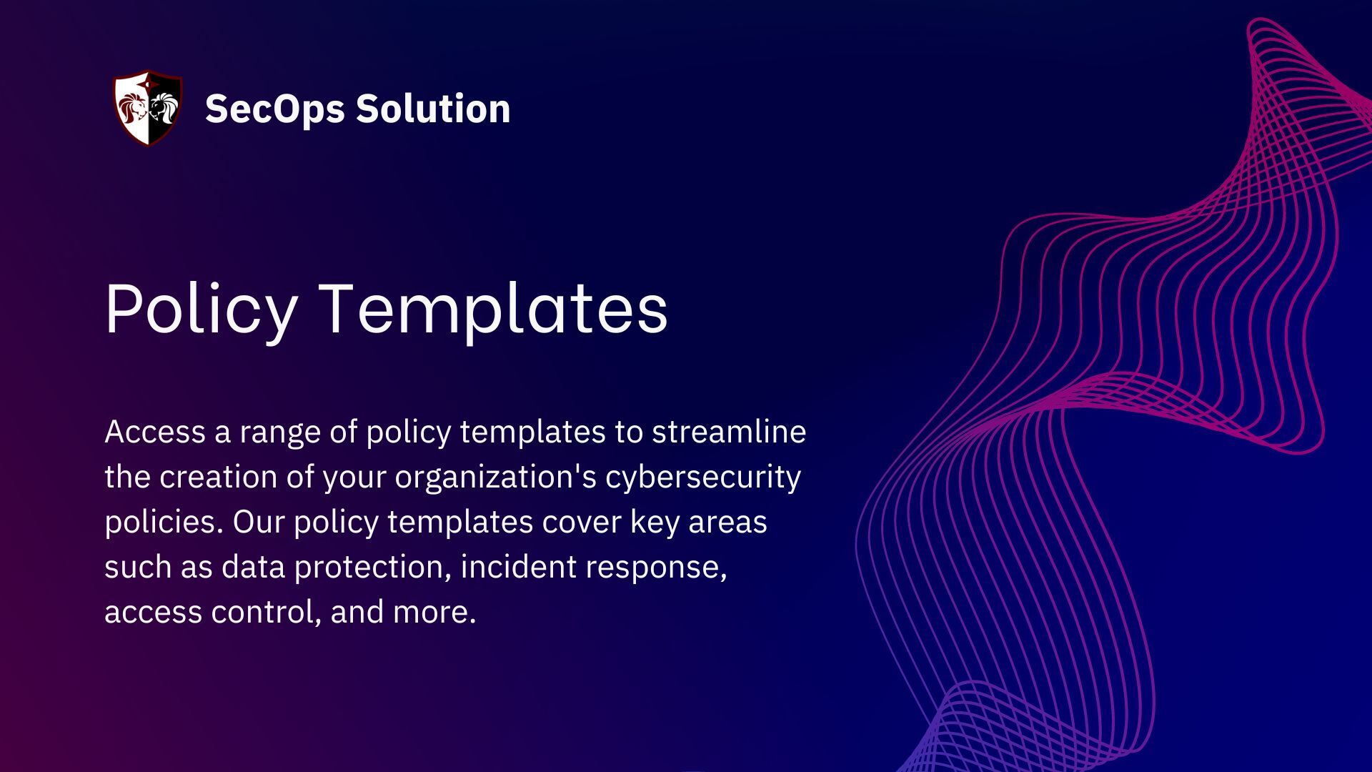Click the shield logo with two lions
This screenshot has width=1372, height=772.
tap(148, 109)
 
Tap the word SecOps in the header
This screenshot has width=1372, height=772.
tap(274, 109)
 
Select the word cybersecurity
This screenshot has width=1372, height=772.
tap(703, 477)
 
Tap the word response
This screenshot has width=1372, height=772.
tap(656, 567)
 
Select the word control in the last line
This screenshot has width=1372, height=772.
tap(264, 612)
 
